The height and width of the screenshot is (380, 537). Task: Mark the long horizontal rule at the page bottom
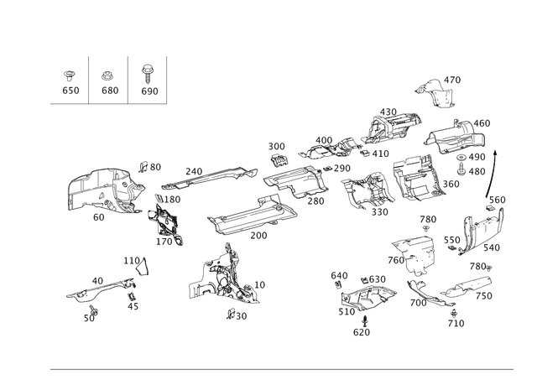click(x=281, y=370)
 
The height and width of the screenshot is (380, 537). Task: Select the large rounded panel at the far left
click(x=102, y=190)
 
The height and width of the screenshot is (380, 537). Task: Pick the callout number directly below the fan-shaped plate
click(x=362, y=332)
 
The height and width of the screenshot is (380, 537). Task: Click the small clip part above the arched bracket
click(x=136, y=264)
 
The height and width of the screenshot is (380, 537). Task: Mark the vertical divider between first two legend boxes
click(x=90, y=80)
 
